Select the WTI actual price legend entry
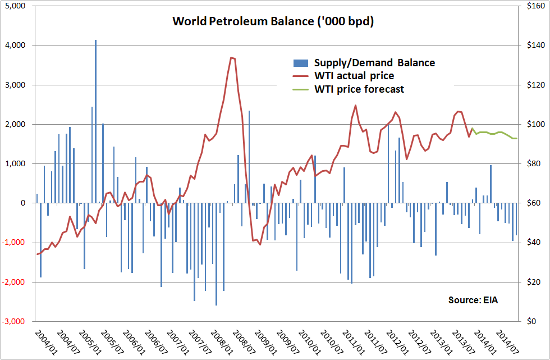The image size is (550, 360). coord(354,75)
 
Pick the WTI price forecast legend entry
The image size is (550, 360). coord(359,89)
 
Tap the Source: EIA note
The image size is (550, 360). coord(473,300)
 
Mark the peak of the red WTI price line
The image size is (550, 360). coord(232,57)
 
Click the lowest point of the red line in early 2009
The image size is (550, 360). coord(260,244)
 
